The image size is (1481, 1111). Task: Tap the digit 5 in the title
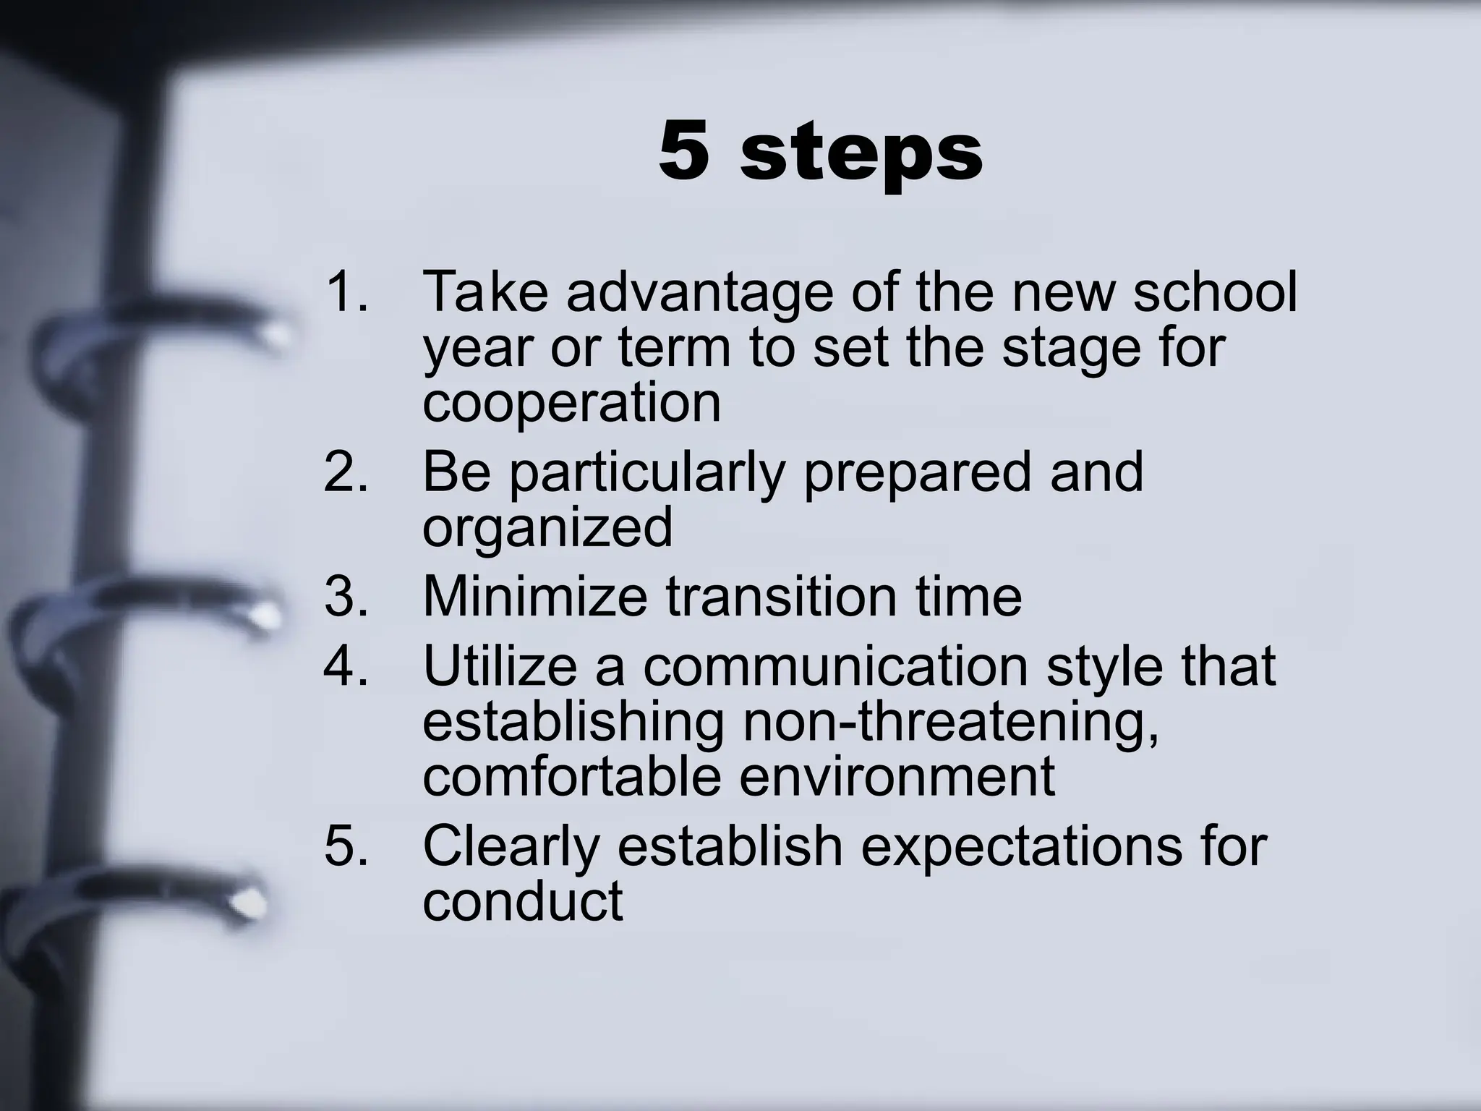(x=683, y=150)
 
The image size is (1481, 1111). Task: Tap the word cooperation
(x=571, y=404)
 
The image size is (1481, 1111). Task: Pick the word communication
(x=835, y=665)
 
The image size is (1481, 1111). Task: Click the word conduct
(x=522, y=901)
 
